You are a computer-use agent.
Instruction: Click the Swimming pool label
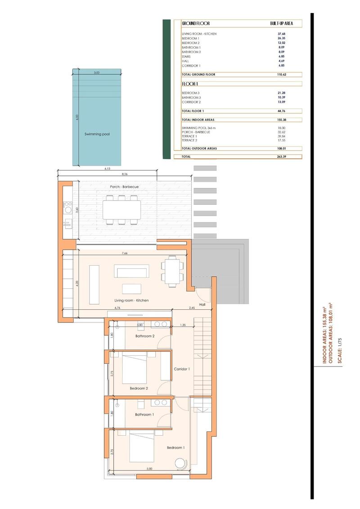(97, 134)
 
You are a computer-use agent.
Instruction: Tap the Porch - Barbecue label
(124, 187)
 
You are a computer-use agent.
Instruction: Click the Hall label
(202, 304)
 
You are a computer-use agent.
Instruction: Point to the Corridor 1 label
(182, 369)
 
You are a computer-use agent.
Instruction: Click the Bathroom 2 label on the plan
(145, 336)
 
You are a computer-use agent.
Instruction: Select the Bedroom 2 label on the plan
(139, 388)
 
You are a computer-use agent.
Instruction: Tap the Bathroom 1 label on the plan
(145, 415)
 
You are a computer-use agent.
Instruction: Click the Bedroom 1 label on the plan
(175, 447)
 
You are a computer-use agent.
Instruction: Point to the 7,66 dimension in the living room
(125, 254)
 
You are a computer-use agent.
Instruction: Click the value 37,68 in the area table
(281, 34)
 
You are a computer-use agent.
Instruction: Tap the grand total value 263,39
(281, 156)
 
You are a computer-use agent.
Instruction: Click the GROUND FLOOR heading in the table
(196, 23)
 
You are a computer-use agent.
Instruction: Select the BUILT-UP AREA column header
(282, 23)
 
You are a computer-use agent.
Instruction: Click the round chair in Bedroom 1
(181, 463)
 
